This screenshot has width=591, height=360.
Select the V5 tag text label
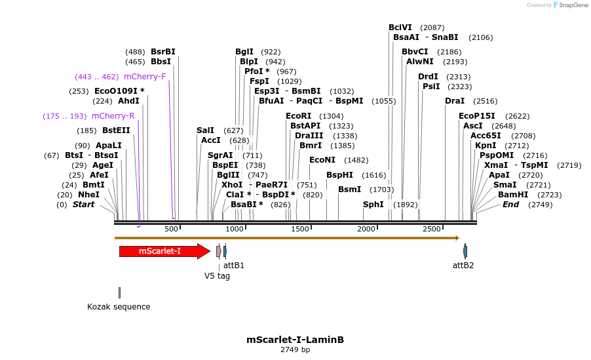[217, 276]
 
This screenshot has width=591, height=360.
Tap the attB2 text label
[463, 266]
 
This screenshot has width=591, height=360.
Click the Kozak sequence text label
[119, 307]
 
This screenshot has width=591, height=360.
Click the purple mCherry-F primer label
[145, 77]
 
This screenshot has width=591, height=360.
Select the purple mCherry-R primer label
[113, 116]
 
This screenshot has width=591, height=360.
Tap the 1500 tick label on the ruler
[300, 229]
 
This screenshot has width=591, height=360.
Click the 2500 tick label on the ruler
[432, 229]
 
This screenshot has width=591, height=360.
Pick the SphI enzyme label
[373, 205]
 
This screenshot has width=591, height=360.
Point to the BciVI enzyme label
[400, 28]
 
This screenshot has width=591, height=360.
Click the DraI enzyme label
[455, 101]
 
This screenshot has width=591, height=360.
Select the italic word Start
[83, 205]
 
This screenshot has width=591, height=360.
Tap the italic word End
[511, 205]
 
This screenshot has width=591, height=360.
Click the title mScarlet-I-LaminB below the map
[295, 340]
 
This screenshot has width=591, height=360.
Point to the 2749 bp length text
[295, 350]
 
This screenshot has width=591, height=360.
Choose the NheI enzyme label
[88, 195]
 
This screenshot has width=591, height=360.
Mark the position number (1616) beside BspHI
[374, 175]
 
